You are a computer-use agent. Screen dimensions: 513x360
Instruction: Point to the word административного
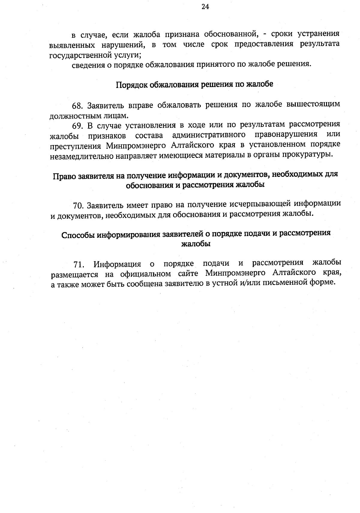click(209, 135)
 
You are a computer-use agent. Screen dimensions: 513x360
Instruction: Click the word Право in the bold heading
click(64, 176)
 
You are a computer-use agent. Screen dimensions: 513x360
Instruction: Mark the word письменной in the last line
click(285, 283)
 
